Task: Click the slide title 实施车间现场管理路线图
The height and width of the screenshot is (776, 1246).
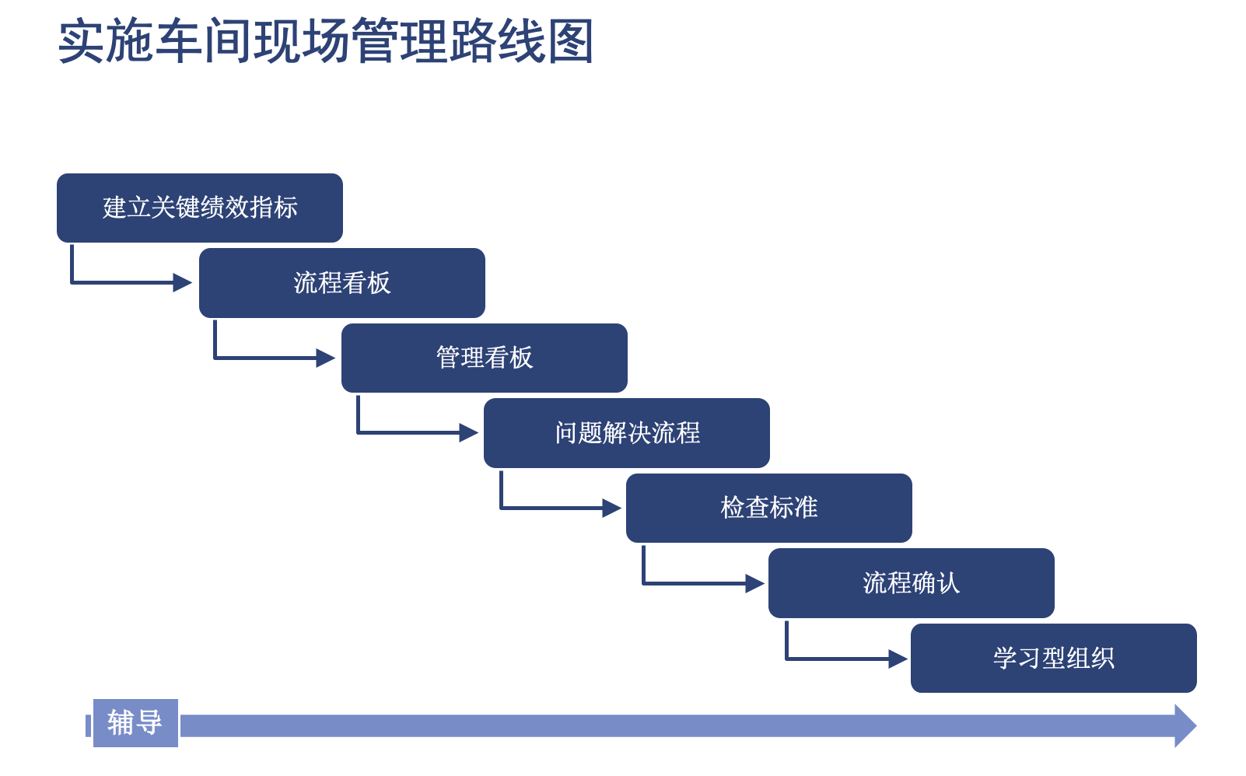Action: [326, 42]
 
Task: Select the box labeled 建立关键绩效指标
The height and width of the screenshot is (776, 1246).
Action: [200, 208]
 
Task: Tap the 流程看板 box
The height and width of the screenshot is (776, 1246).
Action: [342, 283]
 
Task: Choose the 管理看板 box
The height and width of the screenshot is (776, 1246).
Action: [485, 358]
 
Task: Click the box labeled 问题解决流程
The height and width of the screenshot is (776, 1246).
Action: [627, 433]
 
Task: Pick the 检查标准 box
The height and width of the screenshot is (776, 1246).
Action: [769, 508]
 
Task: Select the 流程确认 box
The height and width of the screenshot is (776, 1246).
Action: [912, 583]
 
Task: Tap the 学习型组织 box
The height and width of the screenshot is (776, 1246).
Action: [1054, 658]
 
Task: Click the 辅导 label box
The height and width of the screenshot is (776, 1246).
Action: [135, 723]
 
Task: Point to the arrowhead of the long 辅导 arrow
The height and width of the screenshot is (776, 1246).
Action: [1185, 726]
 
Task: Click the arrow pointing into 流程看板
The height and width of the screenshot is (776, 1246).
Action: [180, 282]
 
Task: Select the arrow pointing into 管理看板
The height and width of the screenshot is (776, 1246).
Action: [324, 358]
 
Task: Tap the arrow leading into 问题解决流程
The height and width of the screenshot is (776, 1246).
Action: [467, 432]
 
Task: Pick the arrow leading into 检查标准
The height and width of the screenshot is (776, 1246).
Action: [610, 509]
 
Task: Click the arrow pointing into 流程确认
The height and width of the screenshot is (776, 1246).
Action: [752, 583]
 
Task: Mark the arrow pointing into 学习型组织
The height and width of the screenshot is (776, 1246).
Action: [895, 659]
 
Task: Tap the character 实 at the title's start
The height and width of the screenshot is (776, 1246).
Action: [82, 42]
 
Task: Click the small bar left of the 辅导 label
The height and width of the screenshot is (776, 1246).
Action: [88, 725]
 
